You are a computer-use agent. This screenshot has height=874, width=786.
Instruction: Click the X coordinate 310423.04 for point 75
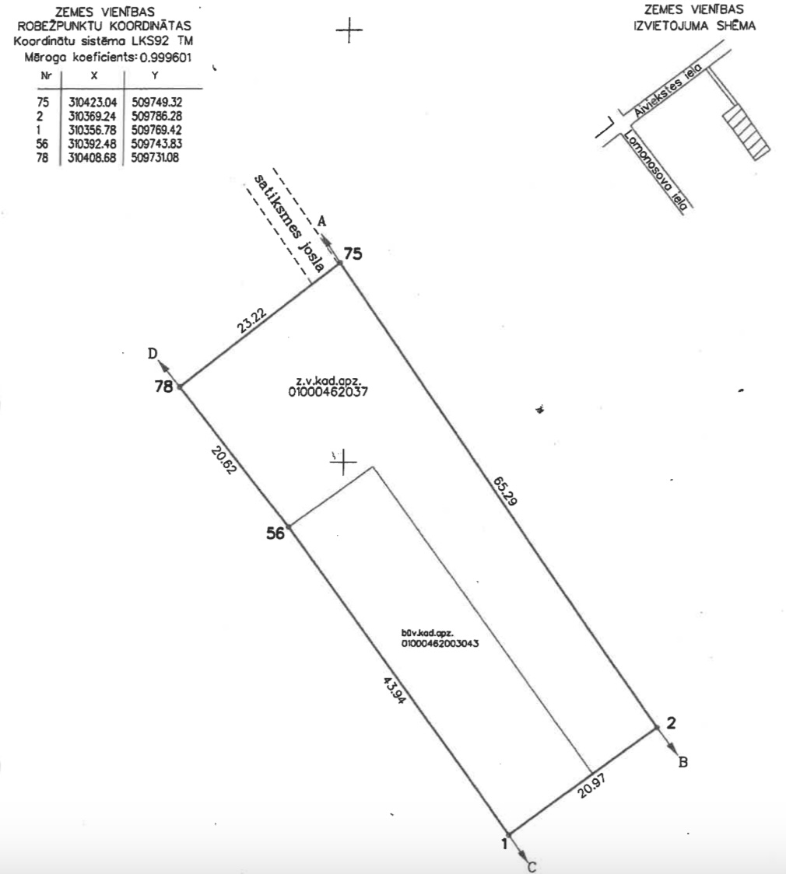tap(92, 103)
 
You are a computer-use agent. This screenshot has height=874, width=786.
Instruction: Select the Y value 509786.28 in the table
tap(156, 117)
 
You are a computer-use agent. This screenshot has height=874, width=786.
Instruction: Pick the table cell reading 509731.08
tap(155, 158)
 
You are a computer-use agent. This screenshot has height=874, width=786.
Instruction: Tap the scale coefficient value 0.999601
tap(166, 58)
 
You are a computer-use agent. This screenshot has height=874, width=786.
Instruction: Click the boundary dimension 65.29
tap(505, 491)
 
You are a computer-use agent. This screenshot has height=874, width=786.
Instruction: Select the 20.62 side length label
tap(224, 460)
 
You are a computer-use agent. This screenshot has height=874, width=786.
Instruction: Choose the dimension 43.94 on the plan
tap(394, 690)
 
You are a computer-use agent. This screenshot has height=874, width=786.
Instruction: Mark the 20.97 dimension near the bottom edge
tap(591, 785)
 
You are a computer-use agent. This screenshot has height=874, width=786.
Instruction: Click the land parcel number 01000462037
tap(328, 392)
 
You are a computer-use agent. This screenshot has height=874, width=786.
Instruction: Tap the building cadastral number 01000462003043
tap(440, 643)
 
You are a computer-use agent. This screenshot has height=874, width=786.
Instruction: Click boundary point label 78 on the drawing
tap(164, 386)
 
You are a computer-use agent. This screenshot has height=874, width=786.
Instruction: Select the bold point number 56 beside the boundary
tap(275, 533)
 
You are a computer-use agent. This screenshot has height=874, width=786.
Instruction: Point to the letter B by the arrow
tap(682, 762)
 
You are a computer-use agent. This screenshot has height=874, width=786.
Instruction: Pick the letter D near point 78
tap(153, 353)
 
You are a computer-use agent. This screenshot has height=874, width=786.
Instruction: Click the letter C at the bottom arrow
tap(532, 867)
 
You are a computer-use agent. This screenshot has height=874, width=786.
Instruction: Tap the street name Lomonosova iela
tap(655, 170)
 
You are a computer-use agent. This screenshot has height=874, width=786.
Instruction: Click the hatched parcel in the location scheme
tap(746, 132)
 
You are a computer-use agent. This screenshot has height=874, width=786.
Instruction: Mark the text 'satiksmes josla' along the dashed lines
tap(289, 223)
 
